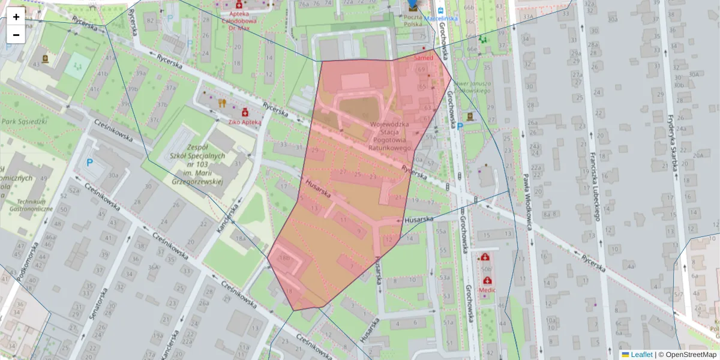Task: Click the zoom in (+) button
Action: [x=16, y=17]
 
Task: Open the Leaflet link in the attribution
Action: [x=641, y=355]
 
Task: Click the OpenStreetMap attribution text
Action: [x=690, y=355]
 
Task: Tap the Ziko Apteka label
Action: [x=244, y=122]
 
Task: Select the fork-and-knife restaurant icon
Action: [x=222, y=103]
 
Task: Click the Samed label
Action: [x=423, y=58]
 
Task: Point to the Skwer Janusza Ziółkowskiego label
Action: [x=470, y=87]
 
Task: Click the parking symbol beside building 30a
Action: [x=90, y=162]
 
